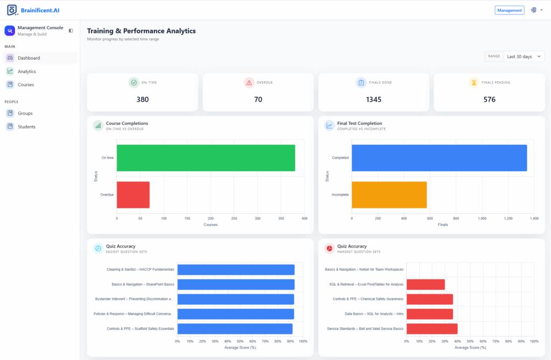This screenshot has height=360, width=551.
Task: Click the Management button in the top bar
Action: tap(509, 10)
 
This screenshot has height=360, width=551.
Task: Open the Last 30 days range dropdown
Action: tap(524, 57)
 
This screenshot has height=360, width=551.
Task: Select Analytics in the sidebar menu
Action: tap(27, 72)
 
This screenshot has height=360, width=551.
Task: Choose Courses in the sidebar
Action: tap(26, 84)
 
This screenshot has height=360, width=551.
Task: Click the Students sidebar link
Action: tap(26, 126)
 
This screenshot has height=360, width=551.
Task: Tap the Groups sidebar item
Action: tap(25, 113)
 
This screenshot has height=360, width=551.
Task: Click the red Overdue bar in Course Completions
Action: tap(133, 195)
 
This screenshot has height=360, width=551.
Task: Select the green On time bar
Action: tap(206, 158)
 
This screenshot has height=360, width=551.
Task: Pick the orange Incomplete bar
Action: tap(390, 195)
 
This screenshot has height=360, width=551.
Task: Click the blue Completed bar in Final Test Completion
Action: tap(439, 158)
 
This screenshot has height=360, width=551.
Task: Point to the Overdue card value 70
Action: tap(258, 100)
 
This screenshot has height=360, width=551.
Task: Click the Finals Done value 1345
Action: tap(373, 100)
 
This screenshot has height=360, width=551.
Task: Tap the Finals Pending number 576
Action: tap(489, 100)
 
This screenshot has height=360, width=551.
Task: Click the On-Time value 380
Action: tap(142, 100)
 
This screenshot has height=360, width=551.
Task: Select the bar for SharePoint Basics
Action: tap(236, 285)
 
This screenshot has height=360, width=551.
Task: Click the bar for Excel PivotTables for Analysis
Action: tap(426, 285)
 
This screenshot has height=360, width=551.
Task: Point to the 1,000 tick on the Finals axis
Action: tap(482, 218)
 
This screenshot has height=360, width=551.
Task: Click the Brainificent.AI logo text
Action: tap(40, 10)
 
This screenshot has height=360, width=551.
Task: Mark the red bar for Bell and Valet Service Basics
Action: tap(432, 329)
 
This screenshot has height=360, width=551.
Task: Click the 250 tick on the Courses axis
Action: tap(234, 218)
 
